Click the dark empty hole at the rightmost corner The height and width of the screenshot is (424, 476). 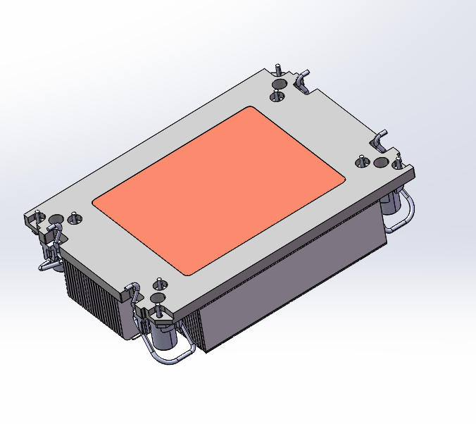coord(381,163)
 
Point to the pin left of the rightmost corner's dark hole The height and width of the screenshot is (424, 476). coord(363,163)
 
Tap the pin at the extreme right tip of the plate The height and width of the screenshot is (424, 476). coord(399,159)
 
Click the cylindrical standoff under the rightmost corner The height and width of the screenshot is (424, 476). coord(389,205)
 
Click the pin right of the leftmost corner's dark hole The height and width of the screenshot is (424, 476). coord(74,218)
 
